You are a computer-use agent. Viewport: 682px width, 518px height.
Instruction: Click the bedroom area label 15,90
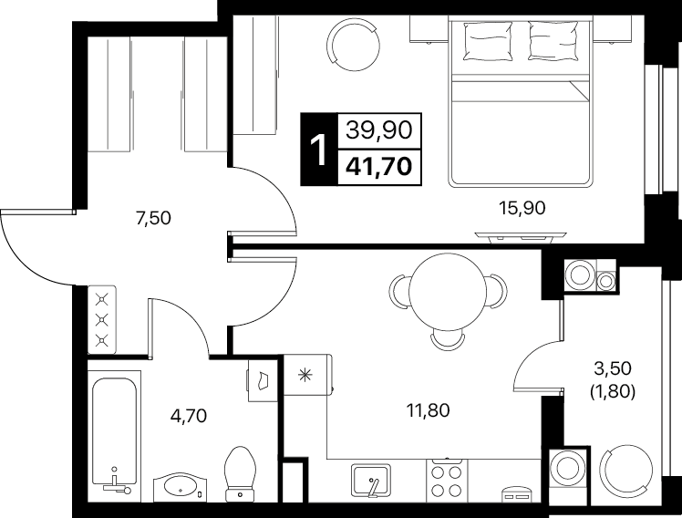tap(522, 208)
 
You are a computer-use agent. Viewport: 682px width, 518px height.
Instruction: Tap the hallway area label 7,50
tap(153, 218)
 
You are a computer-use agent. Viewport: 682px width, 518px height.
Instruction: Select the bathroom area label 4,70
tap(189, 416)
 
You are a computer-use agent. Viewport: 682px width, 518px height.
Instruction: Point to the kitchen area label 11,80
tap(428, 410)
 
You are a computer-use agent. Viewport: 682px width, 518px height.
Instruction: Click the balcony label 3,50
tap(613, 368)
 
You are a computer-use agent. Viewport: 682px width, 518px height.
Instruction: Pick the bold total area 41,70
tap(379, 166)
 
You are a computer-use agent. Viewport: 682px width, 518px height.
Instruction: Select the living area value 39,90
tap(379, 129)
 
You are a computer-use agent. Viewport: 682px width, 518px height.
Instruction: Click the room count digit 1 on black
tap(319, 150)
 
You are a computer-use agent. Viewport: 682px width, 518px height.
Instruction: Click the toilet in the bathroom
tap(240, 474)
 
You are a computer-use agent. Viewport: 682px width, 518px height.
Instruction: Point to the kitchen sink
tap(371, 480)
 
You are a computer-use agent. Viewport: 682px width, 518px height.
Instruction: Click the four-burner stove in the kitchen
tap(447, 481)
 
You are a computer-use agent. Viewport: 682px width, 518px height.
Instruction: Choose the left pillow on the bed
tap(488, 41)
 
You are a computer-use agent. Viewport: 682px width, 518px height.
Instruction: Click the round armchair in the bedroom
tap(353, 46)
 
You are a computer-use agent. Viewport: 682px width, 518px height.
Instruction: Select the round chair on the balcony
tap(625, 471)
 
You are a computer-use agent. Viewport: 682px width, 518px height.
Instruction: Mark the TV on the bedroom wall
tap(521, 236)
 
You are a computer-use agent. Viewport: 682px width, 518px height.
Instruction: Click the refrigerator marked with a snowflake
tap(307, 375)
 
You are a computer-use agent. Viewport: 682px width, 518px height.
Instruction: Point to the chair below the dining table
tap(448, 340)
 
